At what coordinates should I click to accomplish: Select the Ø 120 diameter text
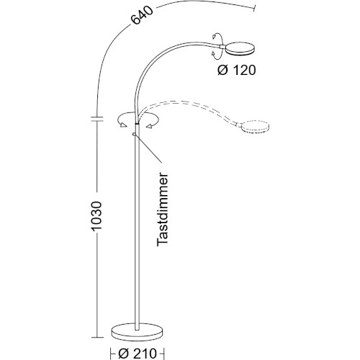[237, 70]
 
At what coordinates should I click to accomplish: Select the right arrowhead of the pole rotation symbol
[152, 126]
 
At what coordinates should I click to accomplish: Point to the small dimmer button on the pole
[135, 132]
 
